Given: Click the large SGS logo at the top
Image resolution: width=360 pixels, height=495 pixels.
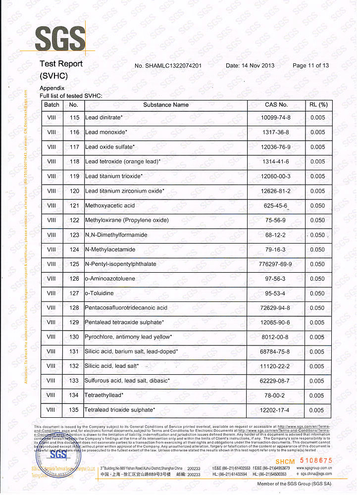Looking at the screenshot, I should click(60, 38).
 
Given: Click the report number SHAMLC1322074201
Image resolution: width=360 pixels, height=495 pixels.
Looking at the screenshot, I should click(168, 66).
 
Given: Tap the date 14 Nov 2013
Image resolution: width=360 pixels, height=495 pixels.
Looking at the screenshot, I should click(250, 66).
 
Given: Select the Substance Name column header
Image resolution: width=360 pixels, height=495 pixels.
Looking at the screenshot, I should click(166, 105).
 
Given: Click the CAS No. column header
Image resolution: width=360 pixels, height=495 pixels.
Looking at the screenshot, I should click(276, 105).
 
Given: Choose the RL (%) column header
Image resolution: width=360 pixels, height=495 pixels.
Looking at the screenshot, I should click(318, 105).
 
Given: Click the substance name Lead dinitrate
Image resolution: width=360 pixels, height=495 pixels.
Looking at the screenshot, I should click(103, 118).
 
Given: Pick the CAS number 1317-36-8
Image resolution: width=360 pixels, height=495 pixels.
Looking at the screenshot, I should click(276, 132).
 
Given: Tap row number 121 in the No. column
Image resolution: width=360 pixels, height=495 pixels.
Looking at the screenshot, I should click(74, 205).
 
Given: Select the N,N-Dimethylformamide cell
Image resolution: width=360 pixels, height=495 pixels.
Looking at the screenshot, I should click(116, 235).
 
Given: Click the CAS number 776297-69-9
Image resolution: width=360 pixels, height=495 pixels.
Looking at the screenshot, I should click(276, 264).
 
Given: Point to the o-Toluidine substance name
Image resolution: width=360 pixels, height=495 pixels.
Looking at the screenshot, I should click(99, 293).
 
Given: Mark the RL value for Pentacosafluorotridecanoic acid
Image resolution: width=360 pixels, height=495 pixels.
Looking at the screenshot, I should click(317, 308).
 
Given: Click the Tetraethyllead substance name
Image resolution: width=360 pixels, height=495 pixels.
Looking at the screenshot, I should click(104, 396).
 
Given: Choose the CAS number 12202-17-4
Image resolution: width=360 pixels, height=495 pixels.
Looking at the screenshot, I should click(276, 410).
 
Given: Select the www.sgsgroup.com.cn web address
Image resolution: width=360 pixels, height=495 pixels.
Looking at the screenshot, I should click(314, 467).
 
